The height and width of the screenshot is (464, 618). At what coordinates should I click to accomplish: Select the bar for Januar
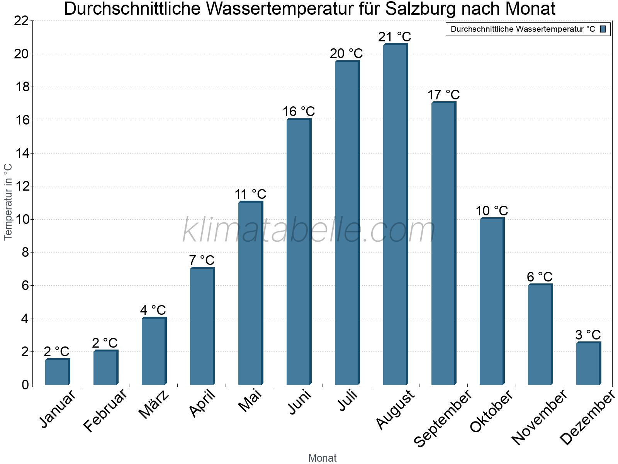click(x=57, y=372)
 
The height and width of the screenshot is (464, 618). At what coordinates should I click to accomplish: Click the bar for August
click(x=395, y=215)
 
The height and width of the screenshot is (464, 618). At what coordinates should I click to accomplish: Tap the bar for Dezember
click(x=588, y=363)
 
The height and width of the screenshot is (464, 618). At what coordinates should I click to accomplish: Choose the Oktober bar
click(x=492, y=302)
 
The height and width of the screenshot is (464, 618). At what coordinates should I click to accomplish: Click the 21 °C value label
click(x=395, y=37)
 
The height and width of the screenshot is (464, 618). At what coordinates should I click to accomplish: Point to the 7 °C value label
click(x=202, y=260)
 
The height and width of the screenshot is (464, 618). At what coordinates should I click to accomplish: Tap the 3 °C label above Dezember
click(x=588, y=335)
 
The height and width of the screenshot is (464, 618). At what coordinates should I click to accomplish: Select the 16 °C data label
click(x=299, y=112)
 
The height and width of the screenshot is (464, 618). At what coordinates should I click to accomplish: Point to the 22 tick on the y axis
click(x=21, y=21)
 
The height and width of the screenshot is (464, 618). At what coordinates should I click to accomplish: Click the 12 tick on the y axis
click(x=21, y=186)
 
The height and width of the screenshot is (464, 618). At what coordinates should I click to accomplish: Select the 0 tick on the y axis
click(x=25, y=385)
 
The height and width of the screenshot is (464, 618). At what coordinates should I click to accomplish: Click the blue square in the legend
click(x=603, y=29)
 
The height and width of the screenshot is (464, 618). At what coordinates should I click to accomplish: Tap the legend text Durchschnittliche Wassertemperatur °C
click(x=523, y=29)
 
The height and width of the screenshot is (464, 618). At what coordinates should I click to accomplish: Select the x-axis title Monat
click(x=323, y=458)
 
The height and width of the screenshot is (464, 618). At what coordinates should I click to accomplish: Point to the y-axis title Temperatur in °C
click(x=8, y=202)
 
